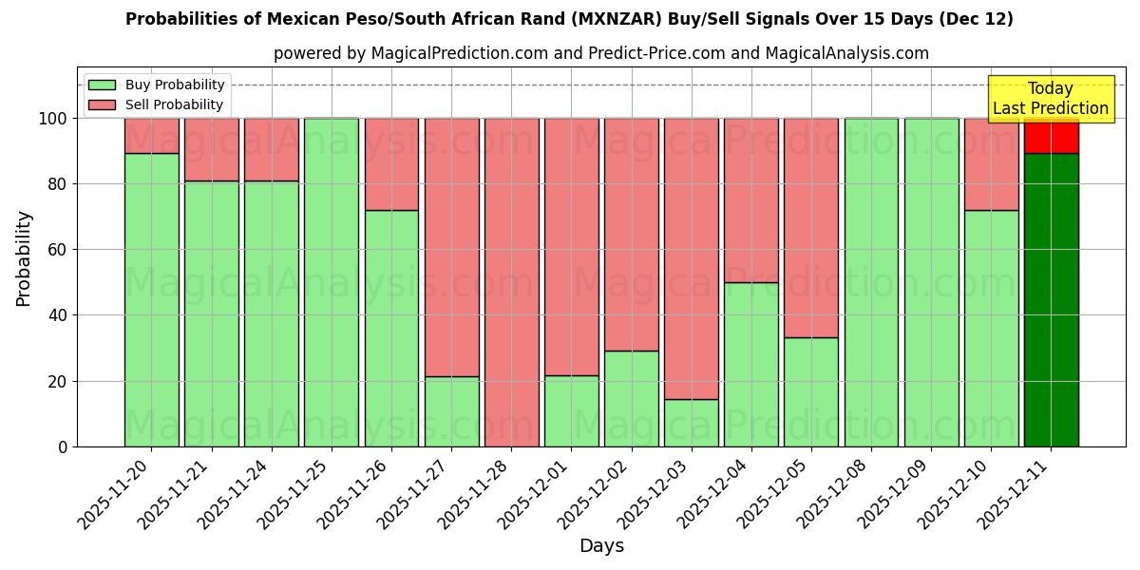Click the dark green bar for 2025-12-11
pos(1051,299)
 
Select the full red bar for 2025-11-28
pos(511,282)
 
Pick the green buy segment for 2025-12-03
pos(691,423)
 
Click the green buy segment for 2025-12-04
pos(750,364)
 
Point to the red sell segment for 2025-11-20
pos(152,136)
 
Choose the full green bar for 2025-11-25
pos(332,282)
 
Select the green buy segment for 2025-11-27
pos(451,411)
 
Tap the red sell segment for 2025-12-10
pos(991,164)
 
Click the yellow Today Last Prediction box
pos(1051,99)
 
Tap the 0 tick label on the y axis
pos(63,446)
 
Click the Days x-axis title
pos(601,545)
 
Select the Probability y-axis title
pos(24,258)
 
